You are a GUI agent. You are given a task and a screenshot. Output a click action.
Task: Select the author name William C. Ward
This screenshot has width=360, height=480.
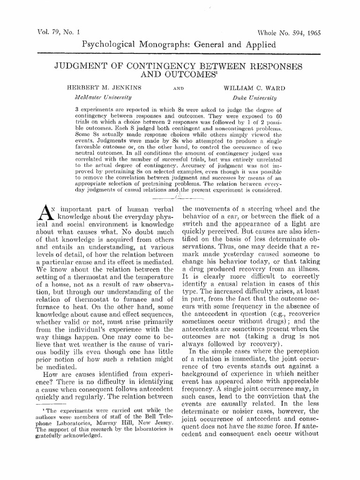point(251,87)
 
